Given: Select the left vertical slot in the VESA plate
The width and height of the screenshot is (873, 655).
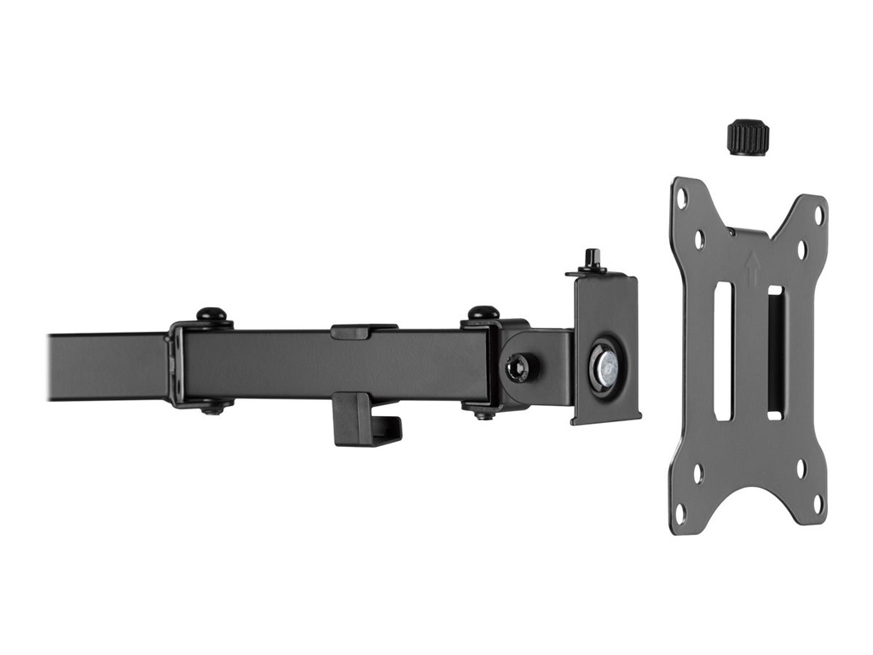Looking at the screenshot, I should pos(723,351).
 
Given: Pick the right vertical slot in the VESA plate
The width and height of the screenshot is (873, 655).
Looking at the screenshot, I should pos(775,351).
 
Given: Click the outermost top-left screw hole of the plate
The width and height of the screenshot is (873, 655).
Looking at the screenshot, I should pos(682,198).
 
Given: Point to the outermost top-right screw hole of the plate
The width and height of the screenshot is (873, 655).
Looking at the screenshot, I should pos(818,214).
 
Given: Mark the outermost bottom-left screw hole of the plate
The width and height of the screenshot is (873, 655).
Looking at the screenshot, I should pos(680,511).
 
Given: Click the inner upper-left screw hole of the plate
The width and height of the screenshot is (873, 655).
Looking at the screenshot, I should pos(699,240).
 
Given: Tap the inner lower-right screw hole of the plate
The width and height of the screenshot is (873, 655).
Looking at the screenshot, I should pos(801,468).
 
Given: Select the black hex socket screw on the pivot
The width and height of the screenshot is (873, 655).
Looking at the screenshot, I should pos(517,368).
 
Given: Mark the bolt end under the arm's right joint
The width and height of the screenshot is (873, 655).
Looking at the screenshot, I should pos(483,414).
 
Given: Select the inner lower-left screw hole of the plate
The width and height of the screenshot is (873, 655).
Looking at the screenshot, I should pos(698,472).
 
